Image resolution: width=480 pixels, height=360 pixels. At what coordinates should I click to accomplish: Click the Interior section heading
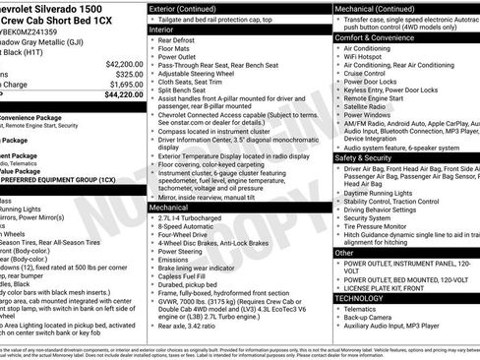click(x=161, y=30)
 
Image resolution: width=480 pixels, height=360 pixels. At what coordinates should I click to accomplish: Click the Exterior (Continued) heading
click(x=191, y=8)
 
